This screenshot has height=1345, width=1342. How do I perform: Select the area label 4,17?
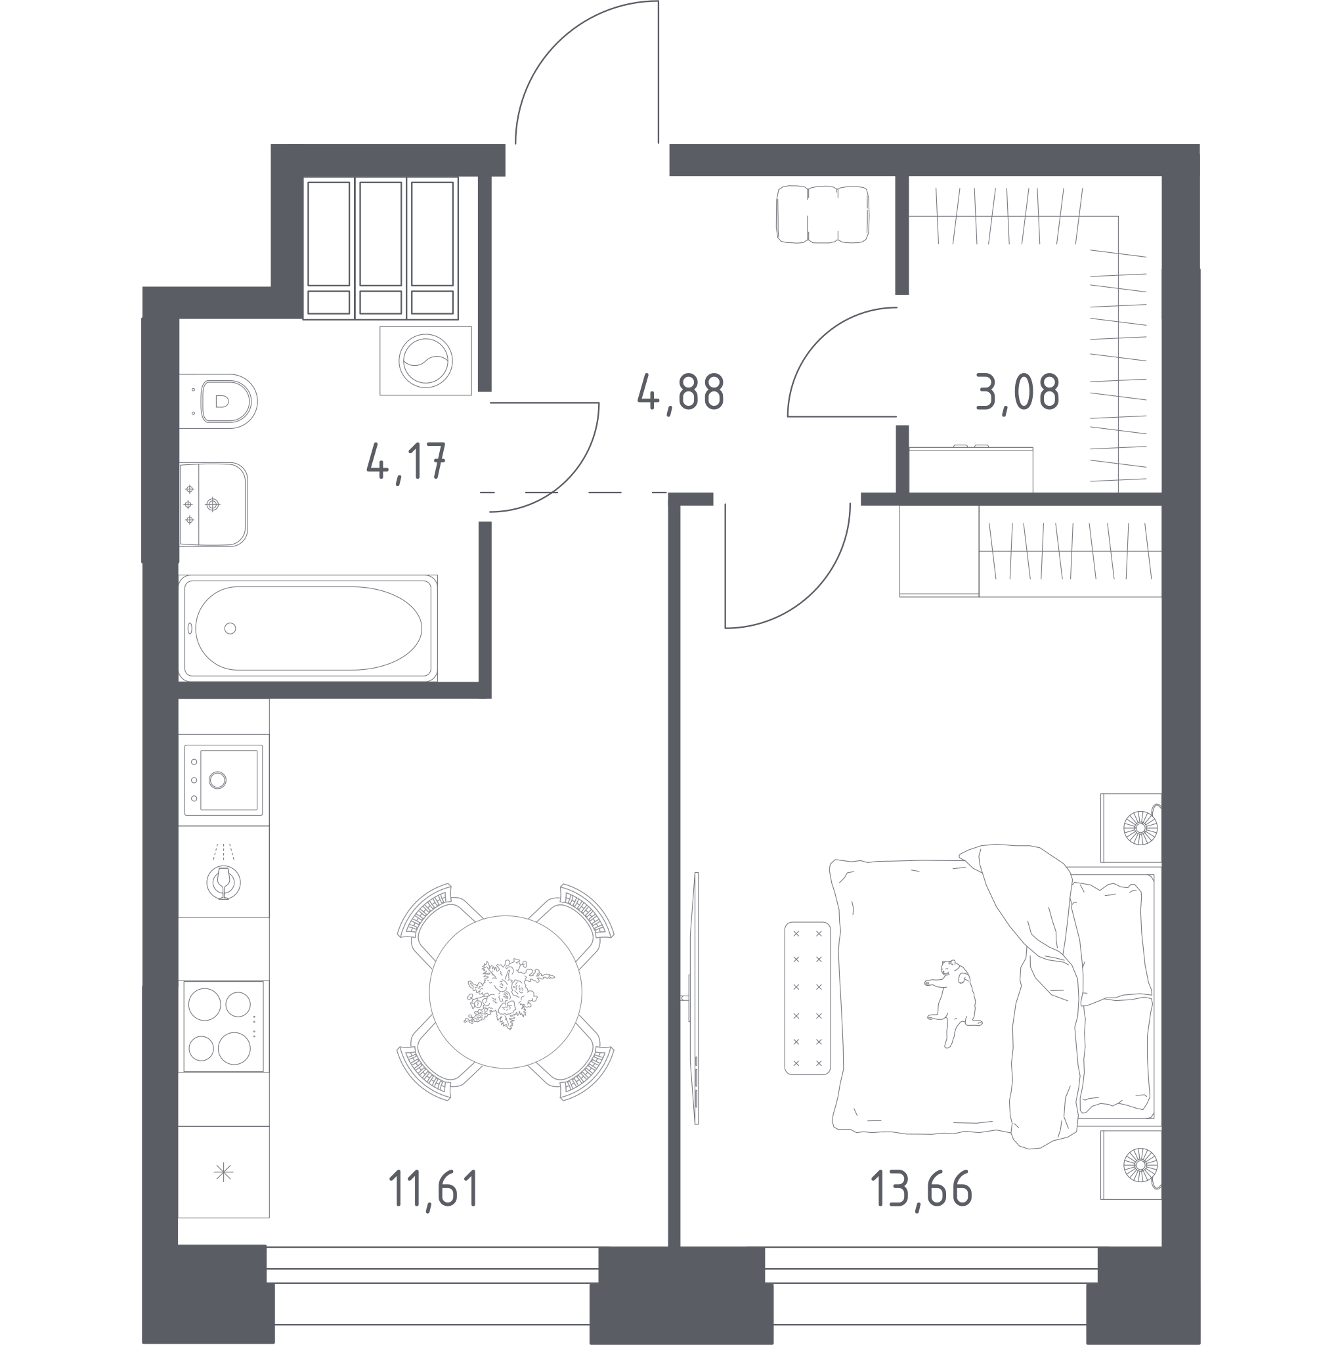(x=406, y=462)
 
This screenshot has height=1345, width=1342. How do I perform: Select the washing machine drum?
(x=425, y=361)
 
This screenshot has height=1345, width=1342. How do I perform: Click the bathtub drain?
(x=230, y=628)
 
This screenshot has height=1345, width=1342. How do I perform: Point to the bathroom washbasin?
(x=213, y=504)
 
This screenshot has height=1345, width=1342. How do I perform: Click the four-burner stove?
(x=223, y=1026)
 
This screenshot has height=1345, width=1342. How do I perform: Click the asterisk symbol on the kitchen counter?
(x=223, y=1172)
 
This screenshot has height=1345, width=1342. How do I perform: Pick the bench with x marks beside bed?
(x=808, y=998)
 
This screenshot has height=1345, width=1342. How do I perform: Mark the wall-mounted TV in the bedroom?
(x=694, y=998)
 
